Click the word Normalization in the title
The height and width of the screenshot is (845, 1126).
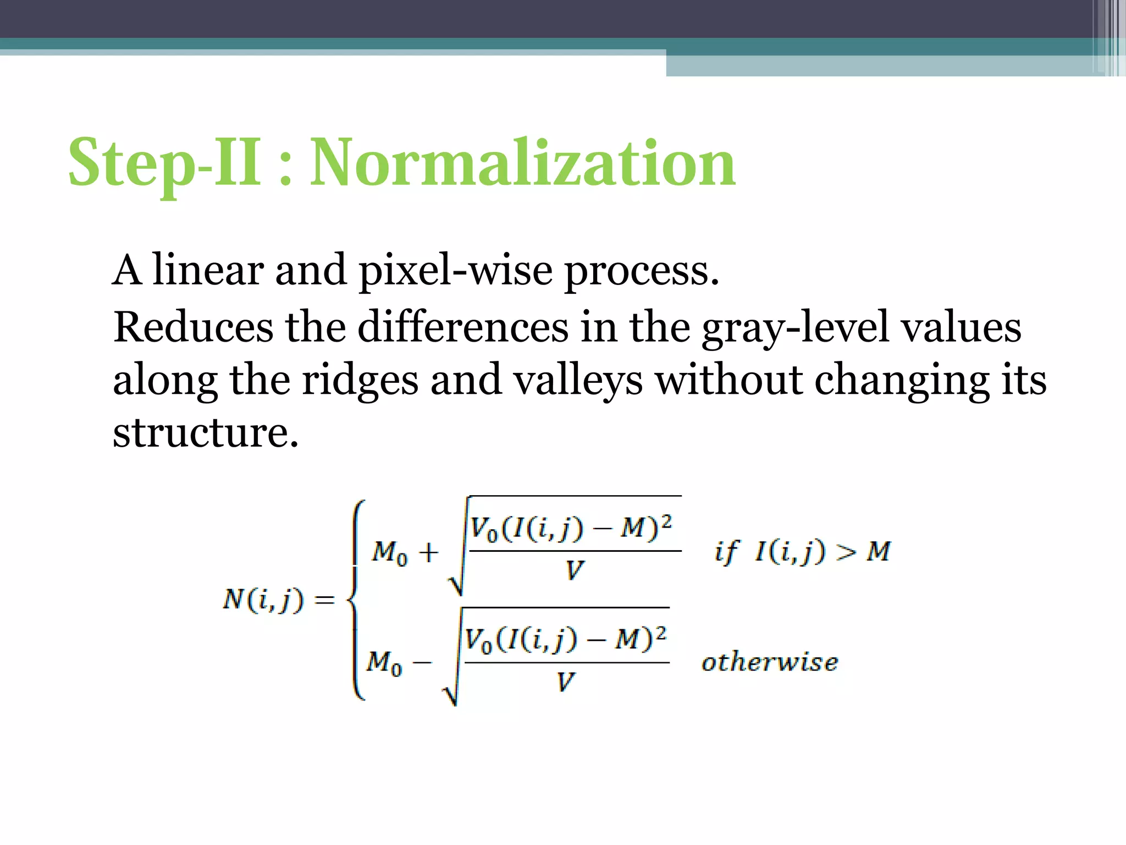pos(522,163)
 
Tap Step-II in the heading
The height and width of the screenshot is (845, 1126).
pos(165,163)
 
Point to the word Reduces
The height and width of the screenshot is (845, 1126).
pos(193,327)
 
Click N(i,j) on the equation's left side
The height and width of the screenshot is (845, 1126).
pos(263,600)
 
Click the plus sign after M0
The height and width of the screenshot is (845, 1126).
pos(428,552)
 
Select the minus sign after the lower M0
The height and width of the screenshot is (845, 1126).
pos(422,662)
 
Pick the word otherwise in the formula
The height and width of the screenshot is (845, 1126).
pos(770,662)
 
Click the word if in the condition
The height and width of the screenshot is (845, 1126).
pos(727,552)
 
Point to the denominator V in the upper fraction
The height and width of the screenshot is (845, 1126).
pos(574,570)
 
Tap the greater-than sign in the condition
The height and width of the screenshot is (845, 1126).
pos(846,552)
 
